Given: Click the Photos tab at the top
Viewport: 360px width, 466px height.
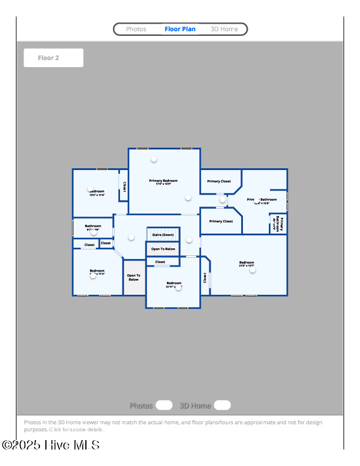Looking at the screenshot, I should point(136,29).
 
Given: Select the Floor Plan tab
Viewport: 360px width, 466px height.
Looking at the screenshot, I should point(180,29).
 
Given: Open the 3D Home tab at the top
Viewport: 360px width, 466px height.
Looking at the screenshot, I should point(224,29).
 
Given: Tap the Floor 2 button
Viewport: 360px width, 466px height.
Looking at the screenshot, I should point(53,58).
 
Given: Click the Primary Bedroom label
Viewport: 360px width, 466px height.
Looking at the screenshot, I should point(163,181).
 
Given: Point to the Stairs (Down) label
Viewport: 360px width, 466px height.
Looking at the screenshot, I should point(163,235).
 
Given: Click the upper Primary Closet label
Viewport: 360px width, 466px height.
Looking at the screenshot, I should point(219,181).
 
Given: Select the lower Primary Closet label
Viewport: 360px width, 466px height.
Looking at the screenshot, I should point(221,221).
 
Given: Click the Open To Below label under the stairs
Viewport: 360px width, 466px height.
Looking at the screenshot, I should point(163,249).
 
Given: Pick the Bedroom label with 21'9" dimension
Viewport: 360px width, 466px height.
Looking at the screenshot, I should point(246,262).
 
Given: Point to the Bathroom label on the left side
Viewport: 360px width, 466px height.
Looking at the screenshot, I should point(93,226).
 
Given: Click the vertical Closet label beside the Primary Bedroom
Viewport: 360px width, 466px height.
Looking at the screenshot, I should point(125,185).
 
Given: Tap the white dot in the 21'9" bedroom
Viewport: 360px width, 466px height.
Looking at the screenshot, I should point(253,270).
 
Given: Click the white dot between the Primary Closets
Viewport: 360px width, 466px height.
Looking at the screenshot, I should point(222,199).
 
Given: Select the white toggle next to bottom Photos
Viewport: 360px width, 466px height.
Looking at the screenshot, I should point(164,405).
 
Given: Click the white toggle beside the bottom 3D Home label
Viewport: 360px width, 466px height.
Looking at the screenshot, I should point(222,405).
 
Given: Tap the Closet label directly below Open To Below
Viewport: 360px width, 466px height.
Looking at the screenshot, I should point(160,262).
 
